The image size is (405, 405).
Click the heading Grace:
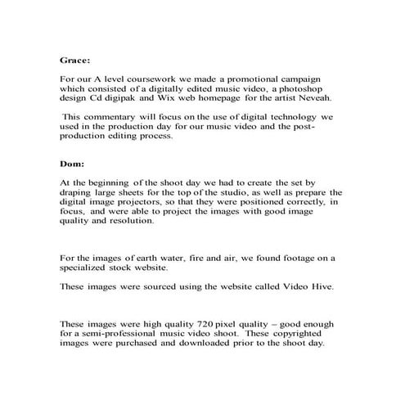(x=76, y=60)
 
